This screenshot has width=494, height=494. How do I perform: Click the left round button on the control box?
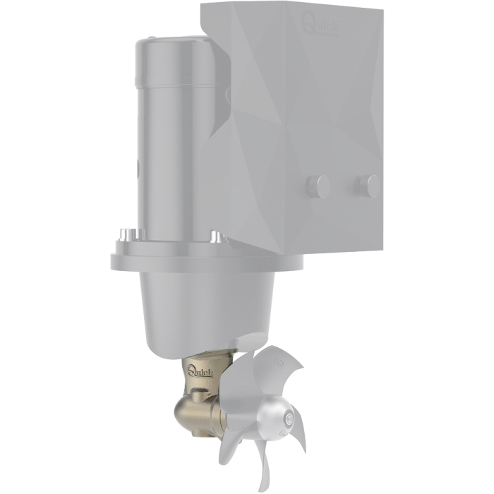(x=318, y=186)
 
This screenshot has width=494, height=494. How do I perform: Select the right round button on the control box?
(x=368, y=186)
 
